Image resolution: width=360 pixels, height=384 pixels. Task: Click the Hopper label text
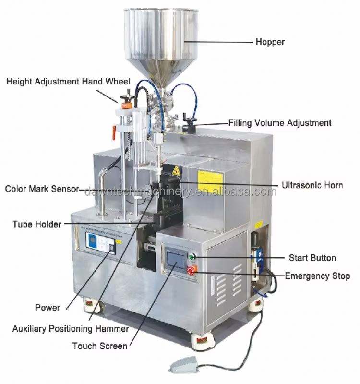[x=269, y=42]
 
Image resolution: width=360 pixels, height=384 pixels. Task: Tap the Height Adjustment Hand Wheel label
[x=69, y=82]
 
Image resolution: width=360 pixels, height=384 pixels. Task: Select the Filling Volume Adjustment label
[x=279, y=123]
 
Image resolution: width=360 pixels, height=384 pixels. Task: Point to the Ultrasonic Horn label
[x=312, y=185]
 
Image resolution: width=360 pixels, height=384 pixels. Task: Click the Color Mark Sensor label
[x=42, y=189]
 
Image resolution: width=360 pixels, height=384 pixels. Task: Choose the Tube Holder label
[x=37, y=224]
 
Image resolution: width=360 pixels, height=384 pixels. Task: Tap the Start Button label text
[x=312, y=258]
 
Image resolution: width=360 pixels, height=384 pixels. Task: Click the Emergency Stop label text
[x=317, y=276]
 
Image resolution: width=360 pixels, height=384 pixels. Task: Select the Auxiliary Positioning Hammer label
[x=71, y=329]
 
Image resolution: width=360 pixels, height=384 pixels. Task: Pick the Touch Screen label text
[x=100, y=346]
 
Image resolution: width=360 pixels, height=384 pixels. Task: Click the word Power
[x=48, y=307]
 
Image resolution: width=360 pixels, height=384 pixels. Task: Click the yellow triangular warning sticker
[x=176, y=170]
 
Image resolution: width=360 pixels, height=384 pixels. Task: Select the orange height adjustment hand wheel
[x=127, y=99]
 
